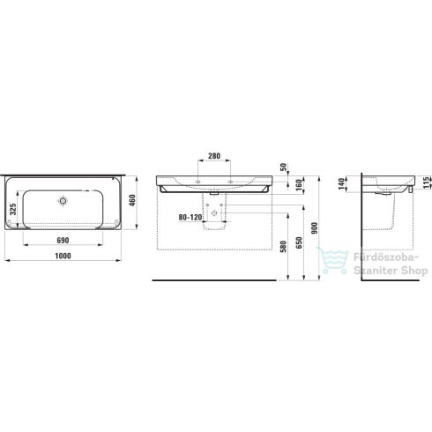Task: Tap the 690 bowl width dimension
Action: [62, 241]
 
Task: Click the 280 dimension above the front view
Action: [214, 156]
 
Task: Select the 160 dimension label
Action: [300, 186]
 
